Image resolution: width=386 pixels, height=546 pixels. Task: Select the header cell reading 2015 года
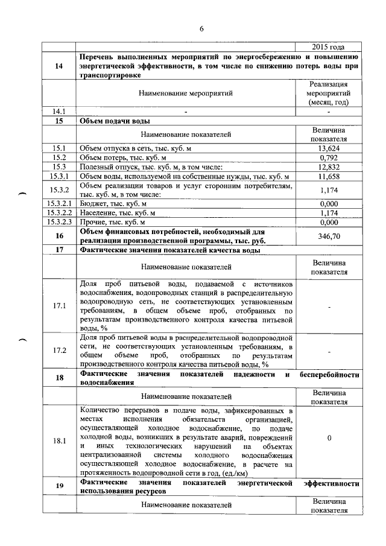click(x=328, y=46)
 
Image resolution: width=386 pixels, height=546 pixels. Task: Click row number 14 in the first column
click(x=59, y=66)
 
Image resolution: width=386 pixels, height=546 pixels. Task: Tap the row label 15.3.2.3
click(x=59, y=222)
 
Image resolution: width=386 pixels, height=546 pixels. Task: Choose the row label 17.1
click(x=59, y=306)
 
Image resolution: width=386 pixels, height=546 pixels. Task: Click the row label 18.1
click(x=59, y=441)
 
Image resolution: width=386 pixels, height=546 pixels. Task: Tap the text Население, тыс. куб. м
click(x=118, y=213)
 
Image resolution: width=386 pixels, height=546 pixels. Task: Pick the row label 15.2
click(x=59, y=157)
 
